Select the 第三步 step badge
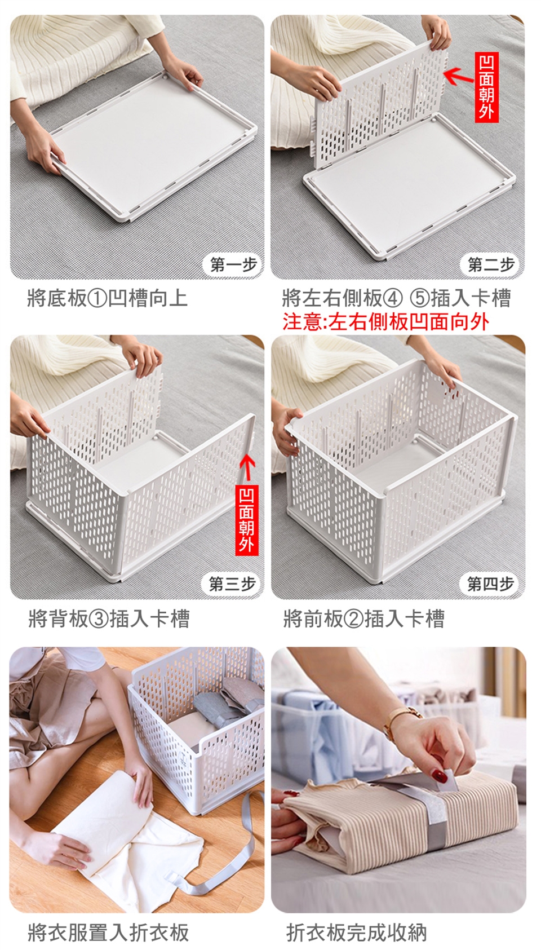pyautogui.click(x=232, y=584)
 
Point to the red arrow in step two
pyautogui.click(x=459, y=76)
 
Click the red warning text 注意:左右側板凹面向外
pyautogui.click(x=386, y=321)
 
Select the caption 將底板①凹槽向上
pyautogui.click(x=107, y=298)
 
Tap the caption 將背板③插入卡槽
pyautogui.click(x=109, y=618)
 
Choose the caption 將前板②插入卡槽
pyautogui.click(x=364, y=618)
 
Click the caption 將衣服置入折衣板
pyautogui.click(x=108, y=933)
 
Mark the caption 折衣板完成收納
pyautogui.click(x=356, y=933)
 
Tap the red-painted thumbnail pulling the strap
pyautogui.click(x=439, y=776)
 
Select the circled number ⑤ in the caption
pyautogui.click(x=420, y=298)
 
